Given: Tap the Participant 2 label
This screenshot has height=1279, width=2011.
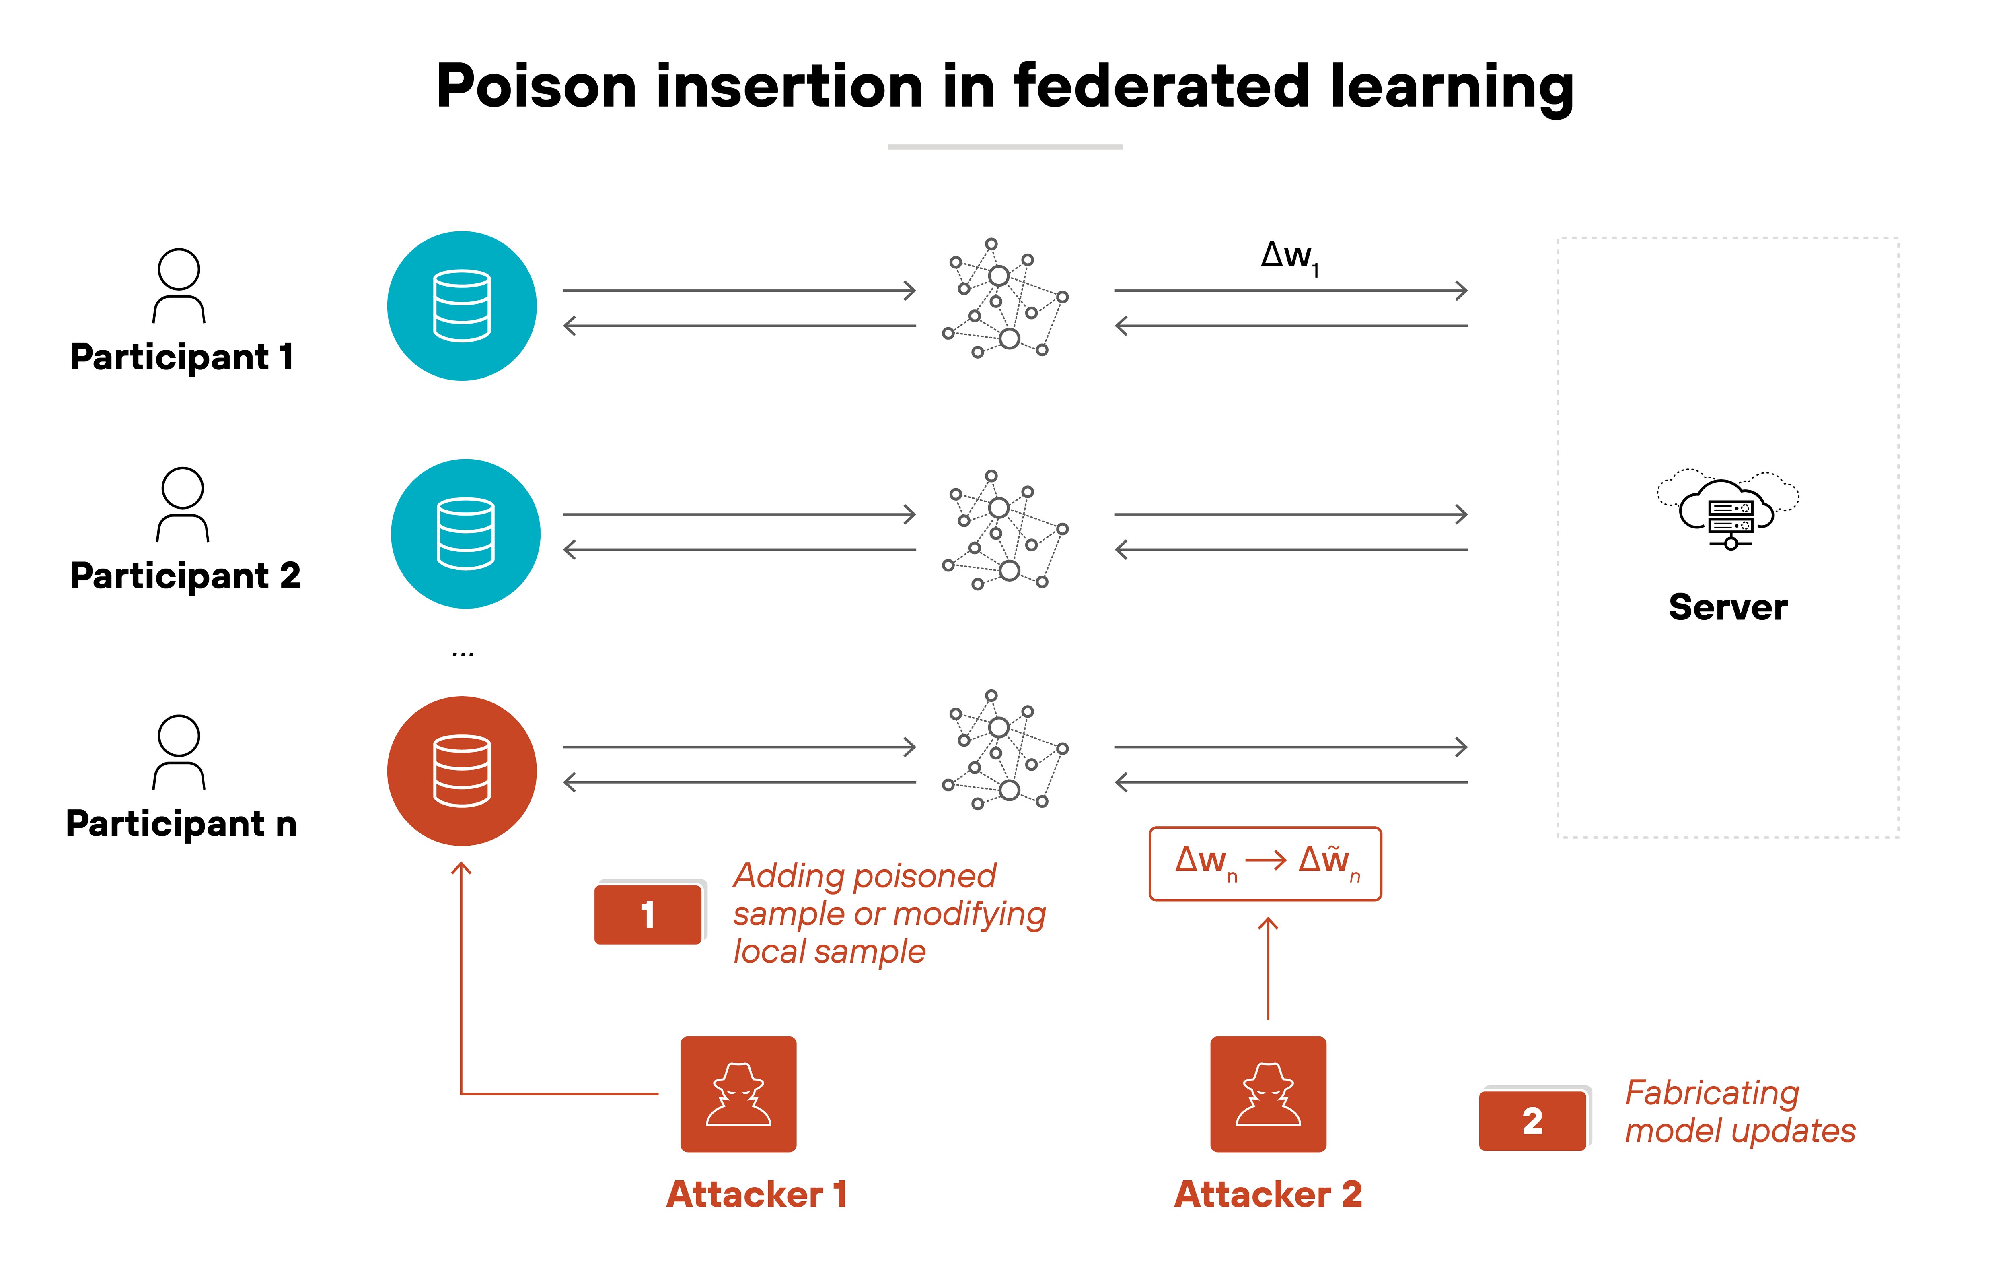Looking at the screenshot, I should pyautogui.click(x=185, y=576).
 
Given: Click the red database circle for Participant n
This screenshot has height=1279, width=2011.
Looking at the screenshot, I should pyautogui.click(x=462, y=770).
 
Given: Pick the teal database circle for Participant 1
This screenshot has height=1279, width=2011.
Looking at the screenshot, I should pyautogui.click(x=462, y=306).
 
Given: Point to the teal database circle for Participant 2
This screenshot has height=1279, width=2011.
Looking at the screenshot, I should pyautogui.click(x=465, y=533).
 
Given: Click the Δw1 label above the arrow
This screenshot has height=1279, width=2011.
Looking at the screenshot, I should pyautogui.click(x=1289, y=256).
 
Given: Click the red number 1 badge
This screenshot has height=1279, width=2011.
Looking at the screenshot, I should pyautogui.click(x=648, y=914).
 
